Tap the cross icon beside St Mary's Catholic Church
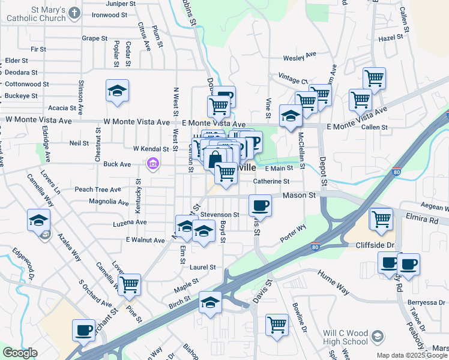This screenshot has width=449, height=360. pyautogui.click(x=74, y=13)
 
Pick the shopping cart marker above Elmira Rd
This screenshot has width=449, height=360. pyautogui.click(x=381, y=219)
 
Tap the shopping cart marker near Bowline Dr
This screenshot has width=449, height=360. pyautogui.click(x=277, y=325)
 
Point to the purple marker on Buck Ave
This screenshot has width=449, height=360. pyautogui.click(x=153, y=163)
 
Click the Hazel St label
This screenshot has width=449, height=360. pyautogui.click(x=390, y=38)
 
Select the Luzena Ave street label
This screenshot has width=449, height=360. pyautogui.click(x=130, y=222)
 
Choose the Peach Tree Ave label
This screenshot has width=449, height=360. pyautogui.click(x=98, y=189)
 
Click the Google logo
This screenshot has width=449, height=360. pyautogui.click(x=20, y=353)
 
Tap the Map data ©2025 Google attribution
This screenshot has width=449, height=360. pyautogui.click(x=412, y=355)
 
